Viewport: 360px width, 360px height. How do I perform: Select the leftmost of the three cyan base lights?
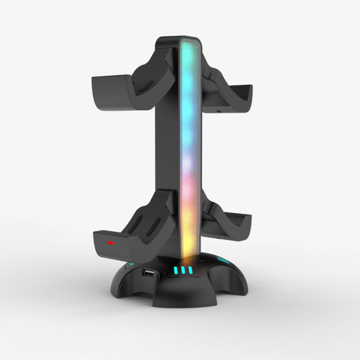click(177, 271)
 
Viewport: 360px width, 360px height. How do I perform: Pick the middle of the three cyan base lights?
click(184, 271)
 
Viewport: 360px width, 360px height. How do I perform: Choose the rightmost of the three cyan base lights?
click(191, 271)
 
